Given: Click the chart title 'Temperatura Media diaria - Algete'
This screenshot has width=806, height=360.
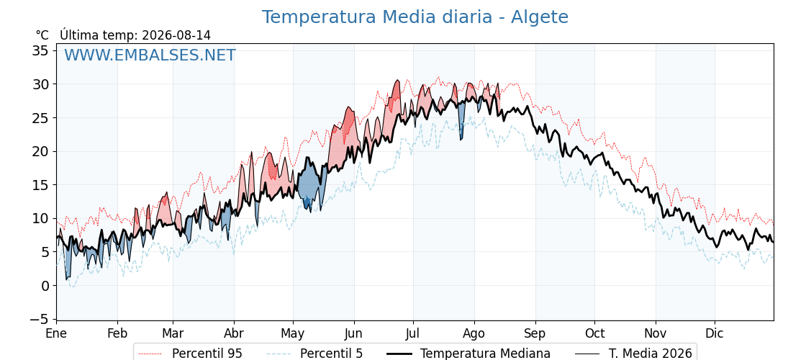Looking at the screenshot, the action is coord(415,17).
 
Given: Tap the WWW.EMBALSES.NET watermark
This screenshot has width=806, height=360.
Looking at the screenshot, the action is coord(150,55).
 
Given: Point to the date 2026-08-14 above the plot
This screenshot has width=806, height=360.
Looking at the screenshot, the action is coord(176,35).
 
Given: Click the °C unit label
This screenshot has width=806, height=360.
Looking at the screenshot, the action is coord(42,35).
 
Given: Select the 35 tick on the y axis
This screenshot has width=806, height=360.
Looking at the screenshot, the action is coord(41,50).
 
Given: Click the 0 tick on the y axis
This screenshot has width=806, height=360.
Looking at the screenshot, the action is coord(45,285).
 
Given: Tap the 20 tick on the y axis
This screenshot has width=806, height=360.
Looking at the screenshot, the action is coord(41,151).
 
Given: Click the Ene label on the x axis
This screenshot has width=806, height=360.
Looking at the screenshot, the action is coord(56,333).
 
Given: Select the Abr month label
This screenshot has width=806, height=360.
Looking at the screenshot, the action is coord(234,333).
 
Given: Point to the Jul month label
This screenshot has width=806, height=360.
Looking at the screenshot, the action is coord(413,333).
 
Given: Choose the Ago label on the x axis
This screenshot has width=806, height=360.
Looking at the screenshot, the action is coord(474,334).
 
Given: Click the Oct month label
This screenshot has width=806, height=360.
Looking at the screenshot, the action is coord(594,333).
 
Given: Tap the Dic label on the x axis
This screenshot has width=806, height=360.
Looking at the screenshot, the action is coord(715,333).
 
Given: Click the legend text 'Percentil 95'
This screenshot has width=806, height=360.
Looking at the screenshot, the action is coord(207,354).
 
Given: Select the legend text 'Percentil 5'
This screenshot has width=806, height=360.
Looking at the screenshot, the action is coord(332,354).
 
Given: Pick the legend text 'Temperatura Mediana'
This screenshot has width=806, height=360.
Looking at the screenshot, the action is coord(486,354).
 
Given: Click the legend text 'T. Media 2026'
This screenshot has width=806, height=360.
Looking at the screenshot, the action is coord(651,354).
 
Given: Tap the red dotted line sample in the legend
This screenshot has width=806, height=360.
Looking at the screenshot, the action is coord(150,354).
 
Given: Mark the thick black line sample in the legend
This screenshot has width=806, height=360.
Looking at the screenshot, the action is coord(399,354).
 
